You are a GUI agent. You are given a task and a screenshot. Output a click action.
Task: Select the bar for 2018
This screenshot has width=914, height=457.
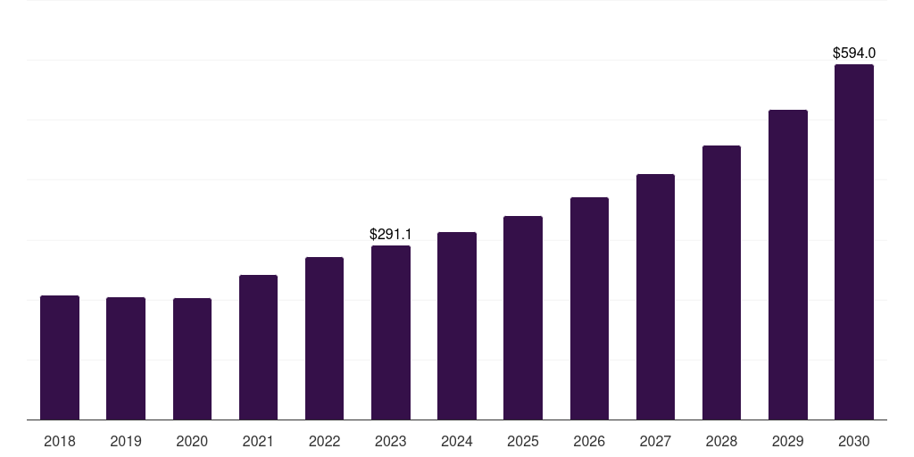(60, 357)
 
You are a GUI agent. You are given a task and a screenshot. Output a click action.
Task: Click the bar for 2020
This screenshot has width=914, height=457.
(192, 359)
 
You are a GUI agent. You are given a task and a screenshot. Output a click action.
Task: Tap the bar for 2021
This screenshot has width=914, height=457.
(258, 347)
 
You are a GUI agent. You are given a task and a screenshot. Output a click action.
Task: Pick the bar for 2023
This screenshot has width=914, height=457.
(391, 332)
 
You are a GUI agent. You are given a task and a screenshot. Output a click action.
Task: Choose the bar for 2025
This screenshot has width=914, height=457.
(523, 318)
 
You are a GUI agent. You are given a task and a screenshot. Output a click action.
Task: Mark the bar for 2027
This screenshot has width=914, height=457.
(655, 296)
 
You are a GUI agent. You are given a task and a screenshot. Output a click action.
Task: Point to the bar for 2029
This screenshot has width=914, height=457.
(787, 264)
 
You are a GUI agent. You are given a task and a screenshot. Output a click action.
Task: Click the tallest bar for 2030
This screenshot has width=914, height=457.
(853, 242)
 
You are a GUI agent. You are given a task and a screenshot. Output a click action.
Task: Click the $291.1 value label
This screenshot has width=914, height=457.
(391, 235)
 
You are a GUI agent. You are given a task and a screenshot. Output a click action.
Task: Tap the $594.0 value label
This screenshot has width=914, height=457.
(853, 54)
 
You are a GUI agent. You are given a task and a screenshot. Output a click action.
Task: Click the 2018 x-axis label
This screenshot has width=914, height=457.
(60, 441)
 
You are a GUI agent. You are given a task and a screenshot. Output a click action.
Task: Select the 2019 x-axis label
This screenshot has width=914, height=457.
(126, 441)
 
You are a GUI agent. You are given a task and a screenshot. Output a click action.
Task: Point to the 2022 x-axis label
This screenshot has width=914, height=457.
(324, 441)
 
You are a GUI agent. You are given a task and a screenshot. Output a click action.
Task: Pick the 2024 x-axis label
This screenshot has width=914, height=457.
(457, 441)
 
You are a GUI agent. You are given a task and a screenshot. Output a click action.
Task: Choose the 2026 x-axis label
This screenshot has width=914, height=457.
(589, 441)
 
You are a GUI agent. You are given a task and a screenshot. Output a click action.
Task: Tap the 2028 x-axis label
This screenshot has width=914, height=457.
(721, 441)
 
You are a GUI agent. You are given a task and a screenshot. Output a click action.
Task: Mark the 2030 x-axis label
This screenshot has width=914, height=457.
(853, 441)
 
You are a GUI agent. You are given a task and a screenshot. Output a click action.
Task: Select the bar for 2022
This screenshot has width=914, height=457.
(324, 338)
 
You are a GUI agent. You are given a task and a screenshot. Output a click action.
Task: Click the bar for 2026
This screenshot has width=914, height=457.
(589, 308)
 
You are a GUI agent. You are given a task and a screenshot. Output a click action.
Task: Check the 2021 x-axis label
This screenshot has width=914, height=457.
(258, 441)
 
